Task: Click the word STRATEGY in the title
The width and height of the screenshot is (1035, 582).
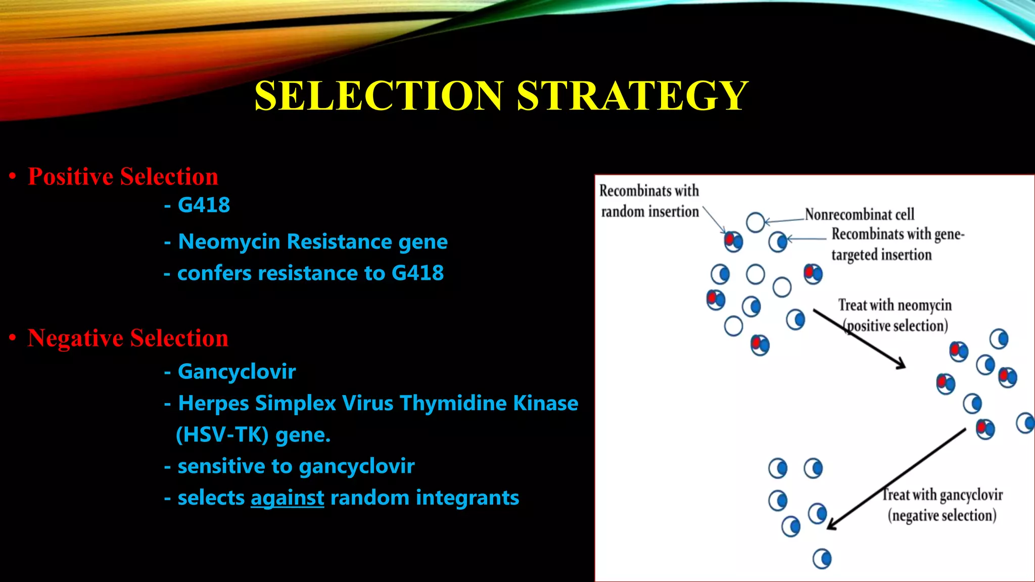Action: click(632, 96)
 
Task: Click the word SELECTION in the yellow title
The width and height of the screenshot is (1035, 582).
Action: click(379, 96)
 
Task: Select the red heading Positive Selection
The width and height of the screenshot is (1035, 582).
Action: click(123, 177)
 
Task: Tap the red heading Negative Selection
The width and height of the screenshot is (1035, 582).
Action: click(128, 338)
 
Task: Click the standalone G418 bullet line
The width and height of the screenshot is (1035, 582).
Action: click(204, 205)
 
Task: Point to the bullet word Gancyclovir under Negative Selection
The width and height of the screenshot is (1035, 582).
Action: click(237, 372)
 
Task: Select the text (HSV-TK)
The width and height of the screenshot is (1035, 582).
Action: click(222, 434)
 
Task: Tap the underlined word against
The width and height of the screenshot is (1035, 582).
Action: click(287, 498)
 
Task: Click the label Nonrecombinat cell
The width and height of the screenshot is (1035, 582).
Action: click(859, 215)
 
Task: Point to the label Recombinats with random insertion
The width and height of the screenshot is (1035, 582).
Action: click(649, 201)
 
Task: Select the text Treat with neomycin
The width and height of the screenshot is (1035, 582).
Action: click(895, 305)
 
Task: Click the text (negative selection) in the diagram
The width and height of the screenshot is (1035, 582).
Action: click(942, 516)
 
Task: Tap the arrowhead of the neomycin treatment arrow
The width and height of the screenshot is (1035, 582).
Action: click(901, 365)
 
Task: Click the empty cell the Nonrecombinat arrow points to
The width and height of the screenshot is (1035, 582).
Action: click(755, 222)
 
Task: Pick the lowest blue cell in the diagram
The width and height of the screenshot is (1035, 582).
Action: click(822, 559)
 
